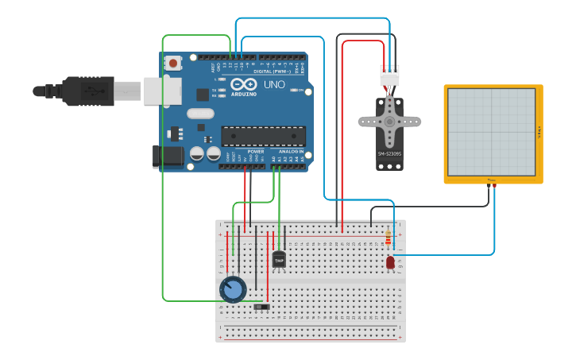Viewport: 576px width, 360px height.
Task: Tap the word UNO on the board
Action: (274, 84)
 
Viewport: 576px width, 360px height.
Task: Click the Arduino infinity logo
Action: (238, 84)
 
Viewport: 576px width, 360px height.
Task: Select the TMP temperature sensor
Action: (279, 258)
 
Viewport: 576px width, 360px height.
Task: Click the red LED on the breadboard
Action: (390, 261)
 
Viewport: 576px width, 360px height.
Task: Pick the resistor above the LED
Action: (388, 238)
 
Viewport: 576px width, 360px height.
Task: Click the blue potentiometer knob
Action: (233, 289)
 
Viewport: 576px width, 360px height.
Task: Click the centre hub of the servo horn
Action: (389, 122)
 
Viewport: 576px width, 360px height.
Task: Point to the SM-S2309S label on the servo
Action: (389, 153)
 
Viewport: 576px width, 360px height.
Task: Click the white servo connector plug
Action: (389, 75)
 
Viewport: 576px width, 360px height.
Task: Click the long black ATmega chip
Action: (262, 136)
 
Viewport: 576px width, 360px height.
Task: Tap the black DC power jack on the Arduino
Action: (168, 156)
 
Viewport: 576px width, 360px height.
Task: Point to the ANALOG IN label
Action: (290, 151)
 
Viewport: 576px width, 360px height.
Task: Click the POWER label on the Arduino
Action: (256, 151)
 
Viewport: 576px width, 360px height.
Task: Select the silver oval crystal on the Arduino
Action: (201, 113)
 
